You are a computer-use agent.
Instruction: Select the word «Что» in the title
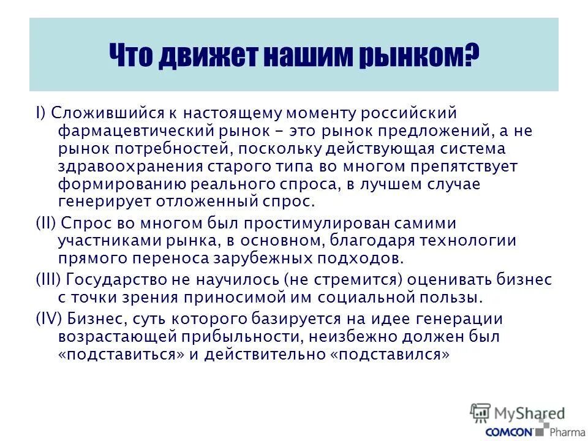132,56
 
